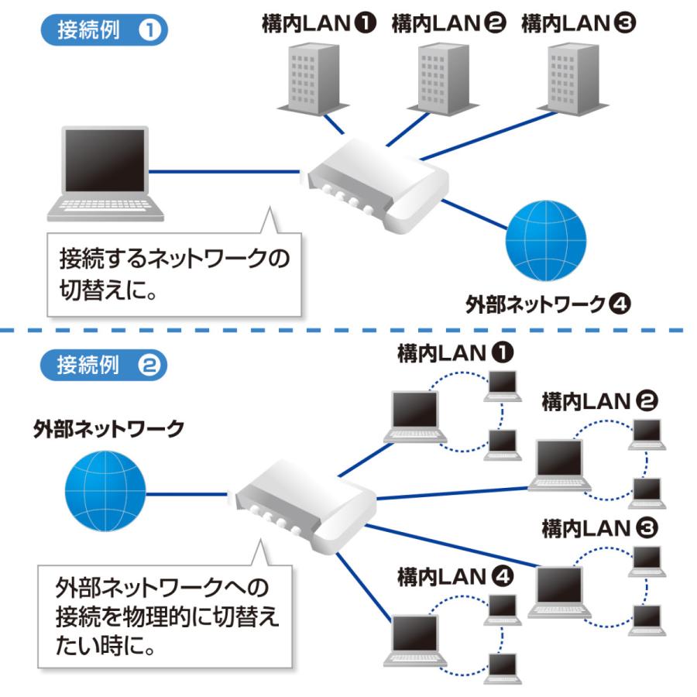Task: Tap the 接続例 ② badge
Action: point(102,366)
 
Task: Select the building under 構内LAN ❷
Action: point(439,78)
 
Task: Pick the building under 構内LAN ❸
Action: point(570,77)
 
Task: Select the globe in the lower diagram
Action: point(105,493)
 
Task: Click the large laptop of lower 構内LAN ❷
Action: point(560,465)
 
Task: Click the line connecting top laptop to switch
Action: point(225,172)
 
